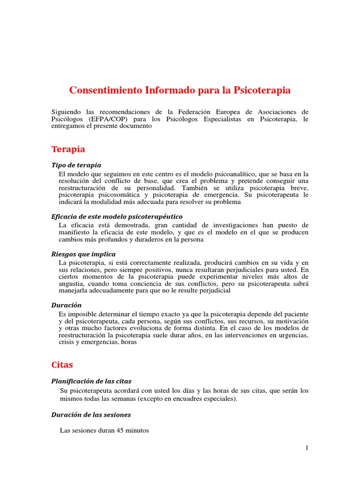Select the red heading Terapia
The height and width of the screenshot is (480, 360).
tap(68, 149)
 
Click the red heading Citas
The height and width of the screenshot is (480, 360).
tap(62, 364)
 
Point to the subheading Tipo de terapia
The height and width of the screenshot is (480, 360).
tap(76, 165)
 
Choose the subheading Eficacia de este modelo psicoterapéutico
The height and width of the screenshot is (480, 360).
tap(117, 217)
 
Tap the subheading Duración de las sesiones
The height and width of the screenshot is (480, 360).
tap(91, 414)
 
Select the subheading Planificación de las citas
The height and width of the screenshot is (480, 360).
tap(94, 381)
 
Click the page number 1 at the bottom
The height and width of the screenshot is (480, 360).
tap(307, 448)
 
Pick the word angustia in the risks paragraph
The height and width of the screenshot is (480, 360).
tap(72, 284)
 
